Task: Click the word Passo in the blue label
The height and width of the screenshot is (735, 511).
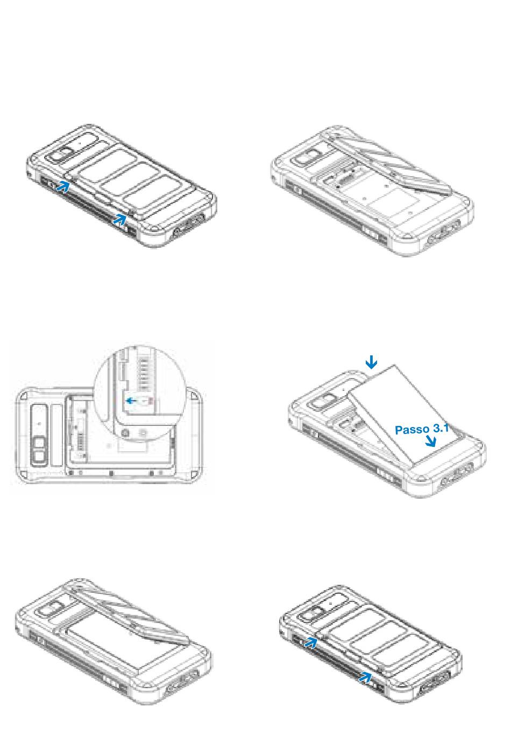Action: (411, 430)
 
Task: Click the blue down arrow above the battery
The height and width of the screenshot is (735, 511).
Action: (371, 362)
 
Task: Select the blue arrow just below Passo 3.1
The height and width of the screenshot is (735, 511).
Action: (430, 442)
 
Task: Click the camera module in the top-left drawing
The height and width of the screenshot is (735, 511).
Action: (62, 153)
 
